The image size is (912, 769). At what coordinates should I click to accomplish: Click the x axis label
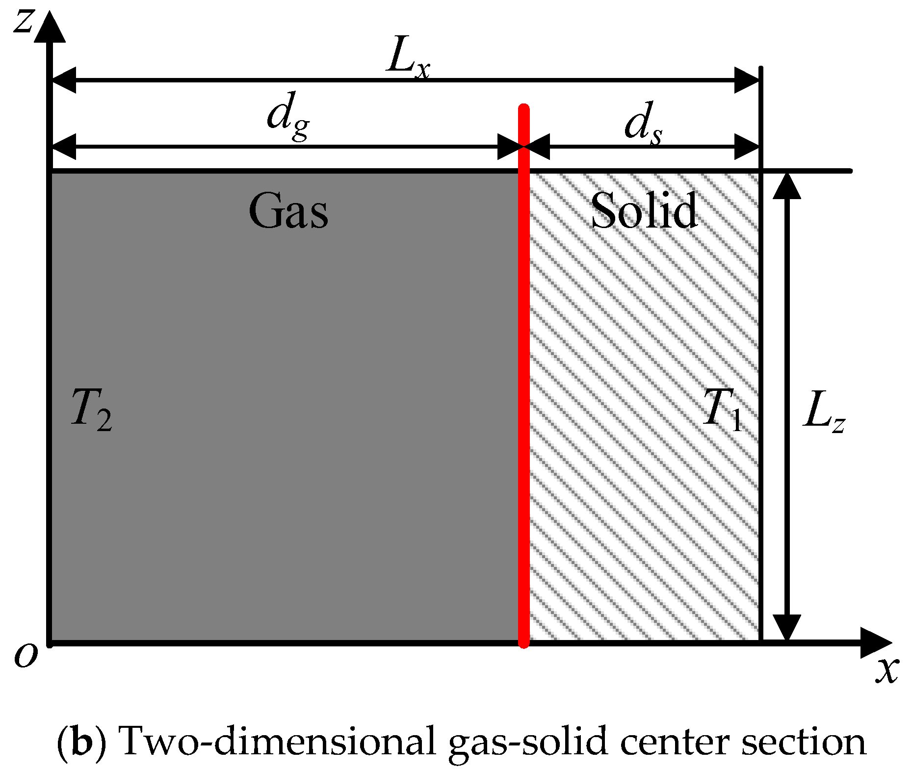point(887,669)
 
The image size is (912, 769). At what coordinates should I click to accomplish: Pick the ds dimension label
point(643,123)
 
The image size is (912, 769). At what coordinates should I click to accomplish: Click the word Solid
point(644,211)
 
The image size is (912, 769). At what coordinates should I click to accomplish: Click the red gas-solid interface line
point(524,392)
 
